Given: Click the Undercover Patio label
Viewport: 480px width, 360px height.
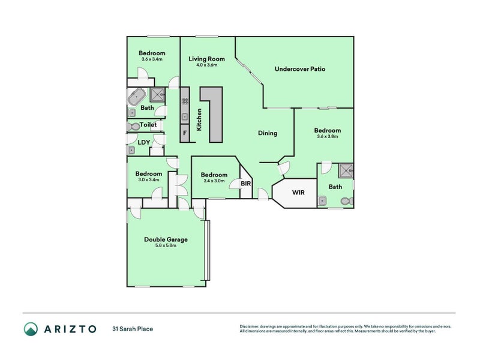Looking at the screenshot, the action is click(x=299, y=69).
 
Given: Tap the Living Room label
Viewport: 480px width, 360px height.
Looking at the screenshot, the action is click(x=206, y=59).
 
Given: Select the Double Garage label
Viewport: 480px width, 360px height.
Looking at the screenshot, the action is click(x=166, y=239).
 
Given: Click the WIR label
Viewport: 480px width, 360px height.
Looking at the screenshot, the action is click(x=298, y=193).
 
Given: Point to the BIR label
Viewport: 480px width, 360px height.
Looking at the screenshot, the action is click(x=246, y=184).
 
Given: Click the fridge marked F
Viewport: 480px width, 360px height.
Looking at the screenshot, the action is click(x=185, y=133).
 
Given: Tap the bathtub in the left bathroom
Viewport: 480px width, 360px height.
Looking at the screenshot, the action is click(x=137, y=97).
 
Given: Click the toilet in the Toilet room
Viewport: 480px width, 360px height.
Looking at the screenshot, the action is click(x=133, y=126).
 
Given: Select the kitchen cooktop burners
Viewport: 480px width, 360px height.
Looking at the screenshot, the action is click(x=185, y=101).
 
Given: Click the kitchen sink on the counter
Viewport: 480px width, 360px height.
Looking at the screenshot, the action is click(x=185, y=116).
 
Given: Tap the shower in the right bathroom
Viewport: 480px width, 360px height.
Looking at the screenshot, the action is click(x=346, y=170).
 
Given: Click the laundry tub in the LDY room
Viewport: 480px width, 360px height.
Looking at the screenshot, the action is click(x=131, y=150).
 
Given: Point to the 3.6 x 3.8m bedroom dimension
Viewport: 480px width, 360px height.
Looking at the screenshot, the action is click(x=327, y=137).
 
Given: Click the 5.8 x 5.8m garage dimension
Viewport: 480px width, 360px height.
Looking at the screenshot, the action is click(x=166, y=245).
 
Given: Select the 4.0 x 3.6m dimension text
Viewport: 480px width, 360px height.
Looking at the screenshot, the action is click(x=206, y=65).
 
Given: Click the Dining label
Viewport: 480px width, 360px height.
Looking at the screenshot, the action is click(x=268, y=133).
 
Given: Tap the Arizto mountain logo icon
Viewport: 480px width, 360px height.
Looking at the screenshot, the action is click(x=31, y=329).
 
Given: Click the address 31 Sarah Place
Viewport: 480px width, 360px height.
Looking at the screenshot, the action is click(x=133, y=329).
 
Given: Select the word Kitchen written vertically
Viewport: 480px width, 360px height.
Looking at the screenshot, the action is click(x=199, y=119).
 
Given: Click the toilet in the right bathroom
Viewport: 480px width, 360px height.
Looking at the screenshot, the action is click(x=347, y=201).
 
